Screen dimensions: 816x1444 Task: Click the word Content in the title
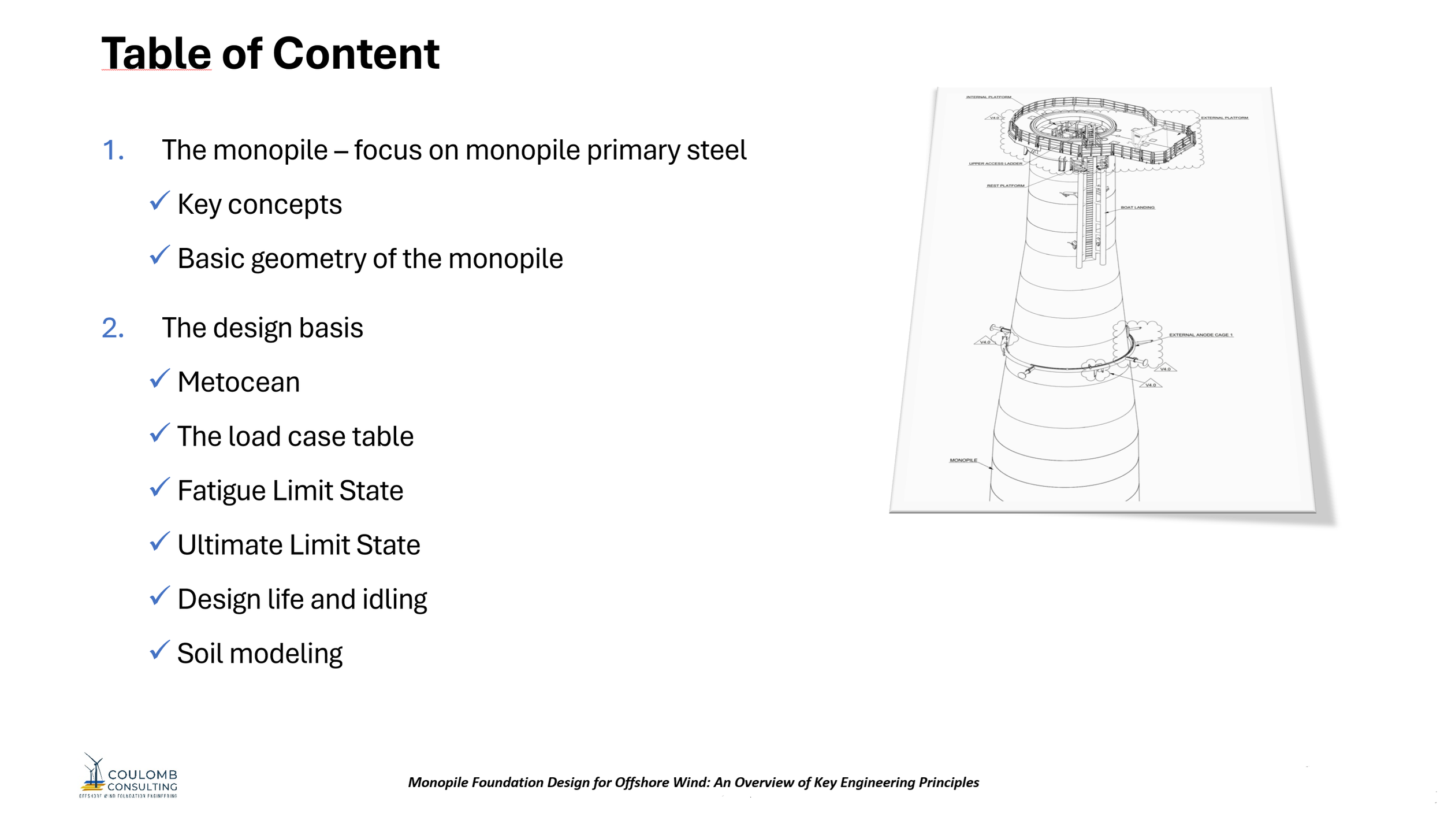click(x=356, y=54)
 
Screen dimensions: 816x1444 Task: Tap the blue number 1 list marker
click(x=112, y=150)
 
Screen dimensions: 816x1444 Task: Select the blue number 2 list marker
click(x=112, y=328)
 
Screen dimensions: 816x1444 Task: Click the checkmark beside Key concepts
click(x=159, y=201)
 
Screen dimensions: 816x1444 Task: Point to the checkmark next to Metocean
click(x=159, y=379)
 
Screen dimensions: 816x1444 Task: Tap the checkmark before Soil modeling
click(x=159, y=650)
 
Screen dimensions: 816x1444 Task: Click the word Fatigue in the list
click(x=221, y=491)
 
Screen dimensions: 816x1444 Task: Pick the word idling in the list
click(x=395, y=599)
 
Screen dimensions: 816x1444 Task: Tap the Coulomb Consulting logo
click(x=128, y=776)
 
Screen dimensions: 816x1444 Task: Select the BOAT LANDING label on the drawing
click(x=1137, y=207)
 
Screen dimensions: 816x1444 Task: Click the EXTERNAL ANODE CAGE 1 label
click(x=1201, y=335)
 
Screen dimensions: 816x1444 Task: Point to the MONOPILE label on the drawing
click(x=963, y=461)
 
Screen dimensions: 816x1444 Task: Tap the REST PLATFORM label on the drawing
click(x=1005, y=186)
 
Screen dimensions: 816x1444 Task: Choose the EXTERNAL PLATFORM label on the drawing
click(x=1225, y=118)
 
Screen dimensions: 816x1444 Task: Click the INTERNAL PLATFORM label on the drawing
click(x=988, y=97)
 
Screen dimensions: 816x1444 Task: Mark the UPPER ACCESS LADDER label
click(x=995, y=164)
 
